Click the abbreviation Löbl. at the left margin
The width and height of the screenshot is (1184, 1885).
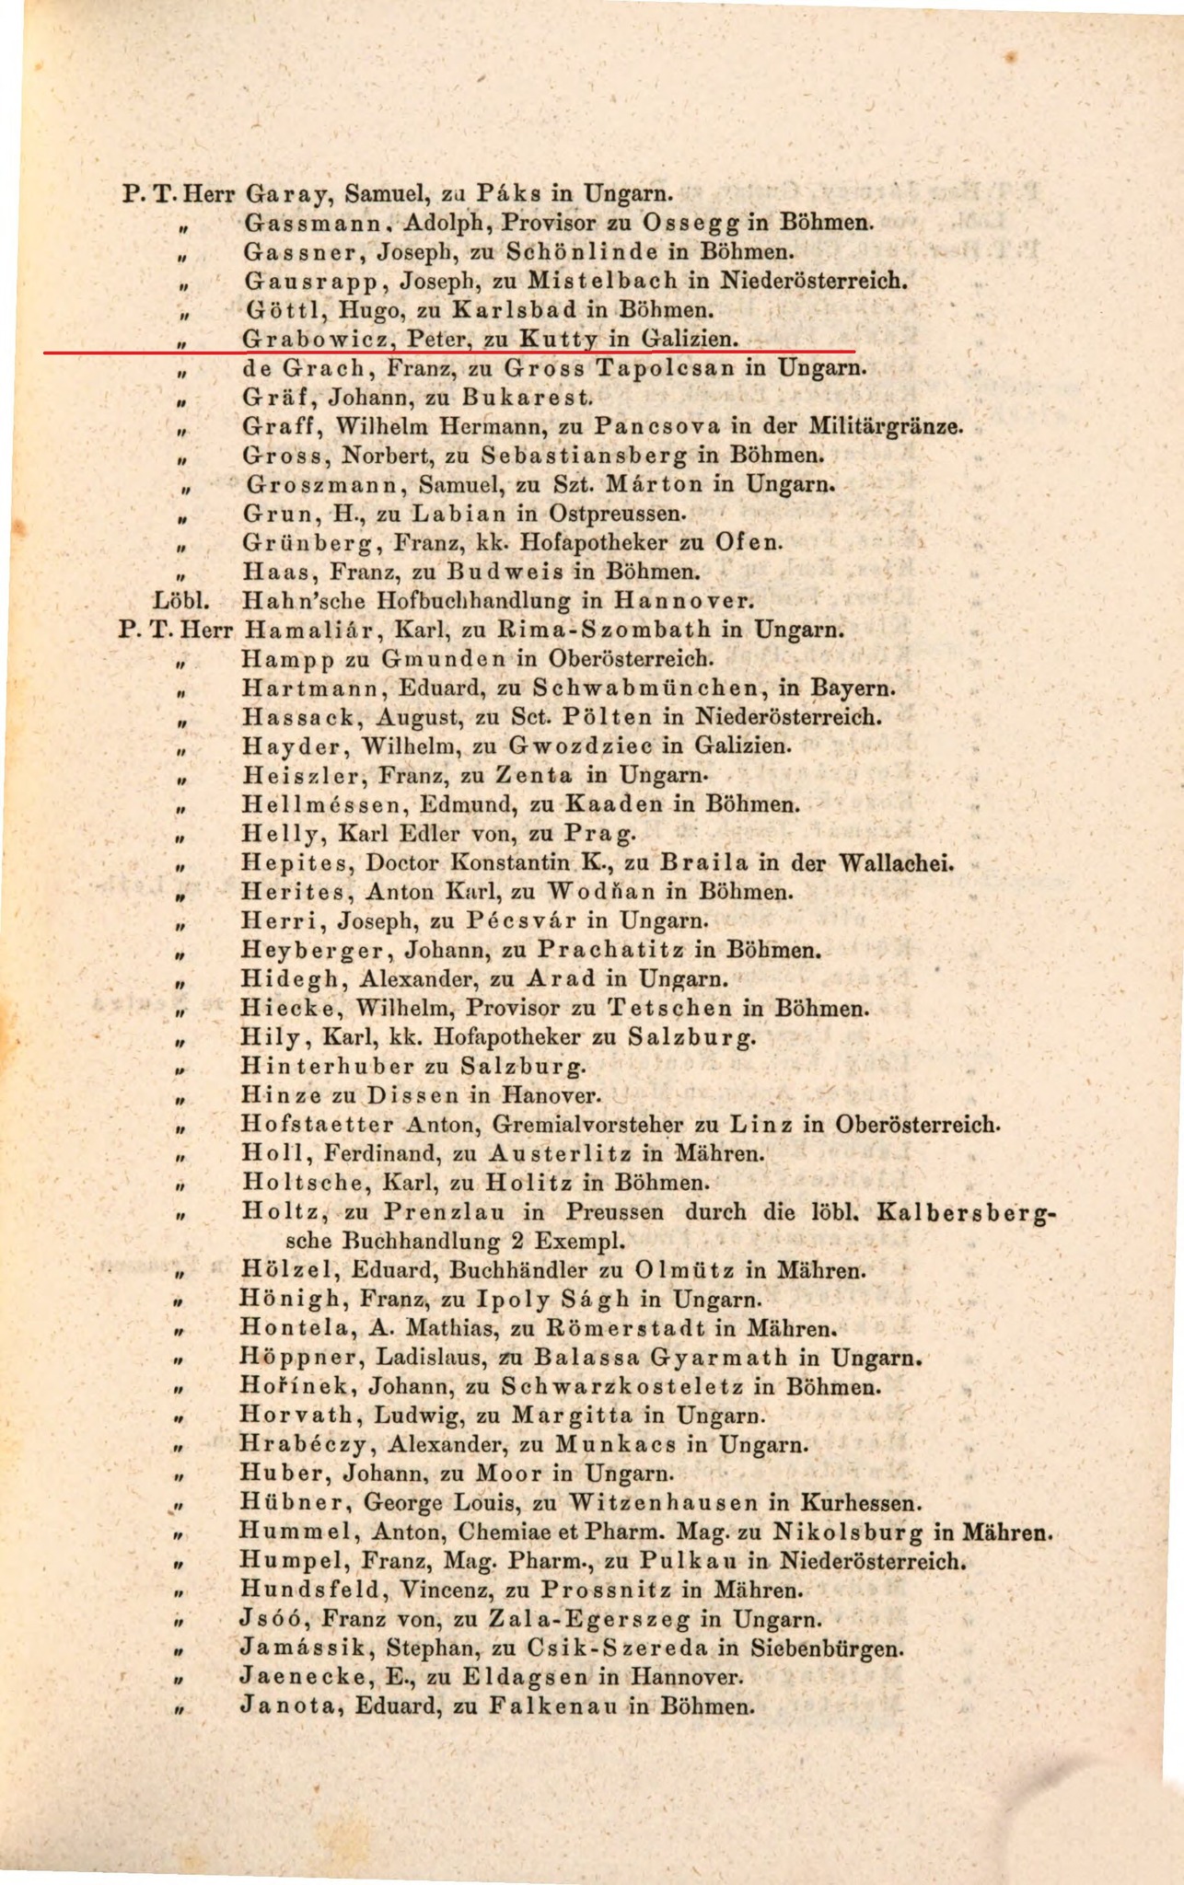click(x=181, y=602)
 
